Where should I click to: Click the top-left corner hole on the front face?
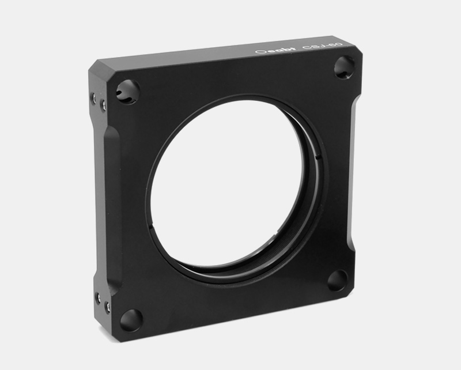click(127, 91)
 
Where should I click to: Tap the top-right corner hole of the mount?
click(345, 67)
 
